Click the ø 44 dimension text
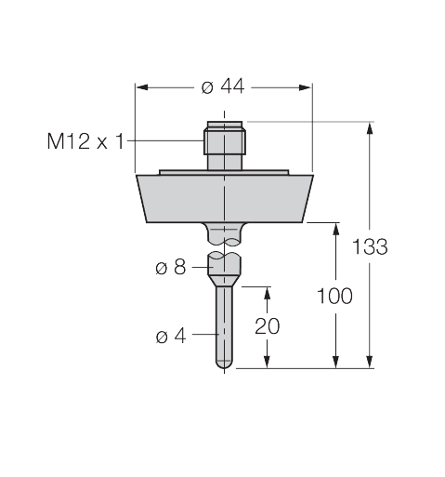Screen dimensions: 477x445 (x=222, y=86)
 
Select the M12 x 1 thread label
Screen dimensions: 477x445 (x=85, y=141)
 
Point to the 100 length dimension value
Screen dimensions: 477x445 (x=334, y=296)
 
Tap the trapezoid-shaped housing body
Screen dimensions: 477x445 (x=224, y=197)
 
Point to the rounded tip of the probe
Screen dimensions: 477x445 (x=224, y=365)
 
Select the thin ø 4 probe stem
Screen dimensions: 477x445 (x=224, y=325)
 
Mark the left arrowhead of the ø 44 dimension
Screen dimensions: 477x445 (x=142, y=86)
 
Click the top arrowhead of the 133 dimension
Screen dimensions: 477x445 (x=371, y=128)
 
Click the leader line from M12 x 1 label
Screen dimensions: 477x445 (x=167, y=141)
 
